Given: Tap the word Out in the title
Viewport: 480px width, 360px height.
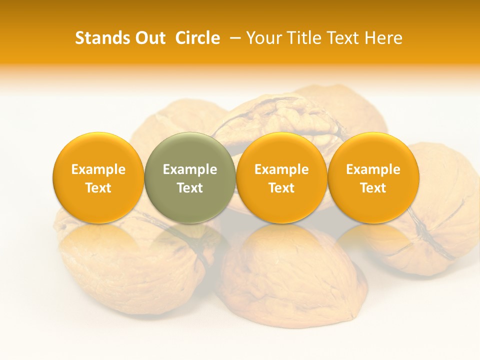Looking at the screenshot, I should click(149, 38).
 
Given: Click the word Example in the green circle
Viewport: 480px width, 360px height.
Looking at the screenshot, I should click(190, 169).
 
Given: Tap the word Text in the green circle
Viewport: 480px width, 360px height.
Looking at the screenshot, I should click(190, 188).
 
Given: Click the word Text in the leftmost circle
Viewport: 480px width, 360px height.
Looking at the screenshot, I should click(98, 188).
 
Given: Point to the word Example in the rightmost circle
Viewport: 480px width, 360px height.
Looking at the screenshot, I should click(373, 169).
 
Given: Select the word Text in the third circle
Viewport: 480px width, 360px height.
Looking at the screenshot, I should click(281, 188).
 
